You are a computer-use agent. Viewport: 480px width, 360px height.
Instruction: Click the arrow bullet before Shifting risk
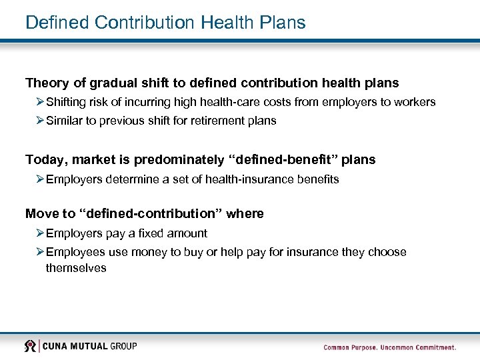pyautogui.click(x=40, y=102)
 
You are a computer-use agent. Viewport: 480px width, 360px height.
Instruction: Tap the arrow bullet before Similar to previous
pyautogui.click(x=40, y=121)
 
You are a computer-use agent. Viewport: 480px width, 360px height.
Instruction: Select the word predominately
pyautogui.click(x=179, y=160)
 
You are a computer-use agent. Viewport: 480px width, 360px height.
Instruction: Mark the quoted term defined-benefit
pyautogui.click(x=283, y=160)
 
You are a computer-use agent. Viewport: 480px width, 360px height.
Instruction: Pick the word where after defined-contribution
pyautogui.click(x=245, y=214)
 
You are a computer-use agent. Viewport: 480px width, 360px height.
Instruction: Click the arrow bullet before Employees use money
pyautogui.click(x=40, y=252)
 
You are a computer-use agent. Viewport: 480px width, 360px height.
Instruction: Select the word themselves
pyautogui.click(x=76, y=267)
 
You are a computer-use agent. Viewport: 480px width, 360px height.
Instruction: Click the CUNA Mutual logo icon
pyautogui.click(x=30, y=346)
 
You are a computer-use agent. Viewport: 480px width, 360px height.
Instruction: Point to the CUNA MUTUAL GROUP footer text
pyautogui.click(x=90, y=346)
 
